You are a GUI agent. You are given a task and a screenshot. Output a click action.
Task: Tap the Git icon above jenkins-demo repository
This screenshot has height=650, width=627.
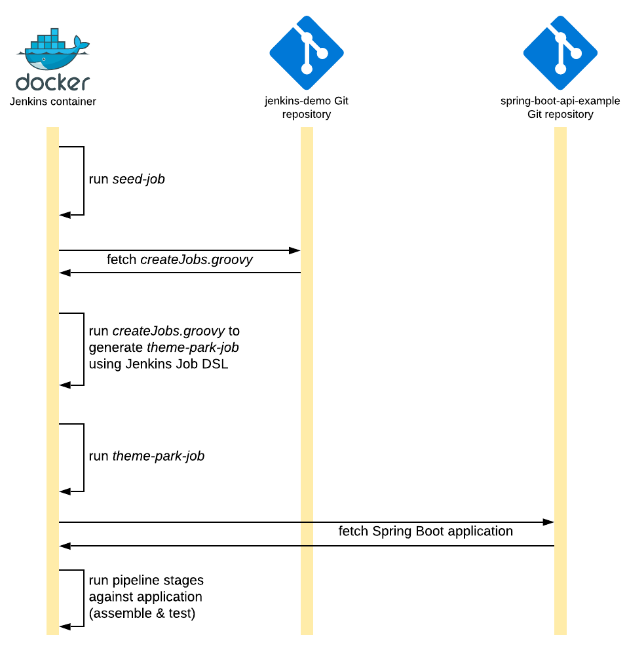(x=307, y=53)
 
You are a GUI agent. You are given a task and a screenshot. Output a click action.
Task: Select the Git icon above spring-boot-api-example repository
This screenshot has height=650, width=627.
(x=560, y=53)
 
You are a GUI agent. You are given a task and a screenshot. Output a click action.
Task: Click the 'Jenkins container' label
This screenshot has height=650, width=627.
(x=52, y=102)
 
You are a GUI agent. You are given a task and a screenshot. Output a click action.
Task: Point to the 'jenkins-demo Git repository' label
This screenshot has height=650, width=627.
(x=307, y=107)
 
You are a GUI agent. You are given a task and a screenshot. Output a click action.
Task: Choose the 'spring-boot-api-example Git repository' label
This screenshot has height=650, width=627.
(x=560, y=107)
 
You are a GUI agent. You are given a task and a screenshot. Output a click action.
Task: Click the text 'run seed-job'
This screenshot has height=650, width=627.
(x=127, y=179)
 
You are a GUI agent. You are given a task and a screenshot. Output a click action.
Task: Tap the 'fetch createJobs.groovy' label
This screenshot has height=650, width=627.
(x=180, y=260)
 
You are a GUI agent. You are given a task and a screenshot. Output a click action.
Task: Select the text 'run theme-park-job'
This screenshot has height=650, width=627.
(x=147, y=456)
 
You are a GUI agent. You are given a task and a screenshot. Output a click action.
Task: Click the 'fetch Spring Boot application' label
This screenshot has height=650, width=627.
(x=425, y=531)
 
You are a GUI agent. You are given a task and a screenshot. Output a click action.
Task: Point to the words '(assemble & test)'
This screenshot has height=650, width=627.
(x=142, y=613)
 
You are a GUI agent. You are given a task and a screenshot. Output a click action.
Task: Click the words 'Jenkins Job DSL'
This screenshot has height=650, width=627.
(x=159, y=364)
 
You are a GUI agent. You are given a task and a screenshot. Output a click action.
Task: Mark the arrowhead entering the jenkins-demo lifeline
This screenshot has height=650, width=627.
(x=295, y=250)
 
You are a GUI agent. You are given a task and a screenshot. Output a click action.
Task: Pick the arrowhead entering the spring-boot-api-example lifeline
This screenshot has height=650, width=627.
(x=549, y=522)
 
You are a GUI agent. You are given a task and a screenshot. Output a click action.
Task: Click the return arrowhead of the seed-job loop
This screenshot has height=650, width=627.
(x=64, y=215)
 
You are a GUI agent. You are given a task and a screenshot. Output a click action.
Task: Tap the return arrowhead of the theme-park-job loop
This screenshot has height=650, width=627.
(x=64, y=491)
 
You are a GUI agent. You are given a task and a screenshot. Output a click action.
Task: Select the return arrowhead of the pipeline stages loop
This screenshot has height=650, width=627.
(x=64, y=627)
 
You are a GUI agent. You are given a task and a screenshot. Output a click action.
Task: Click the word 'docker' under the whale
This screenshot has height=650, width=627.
(x=52, y=83)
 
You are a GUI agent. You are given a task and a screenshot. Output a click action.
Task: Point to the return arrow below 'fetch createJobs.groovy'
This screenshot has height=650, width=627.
(x=180, y=273)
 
